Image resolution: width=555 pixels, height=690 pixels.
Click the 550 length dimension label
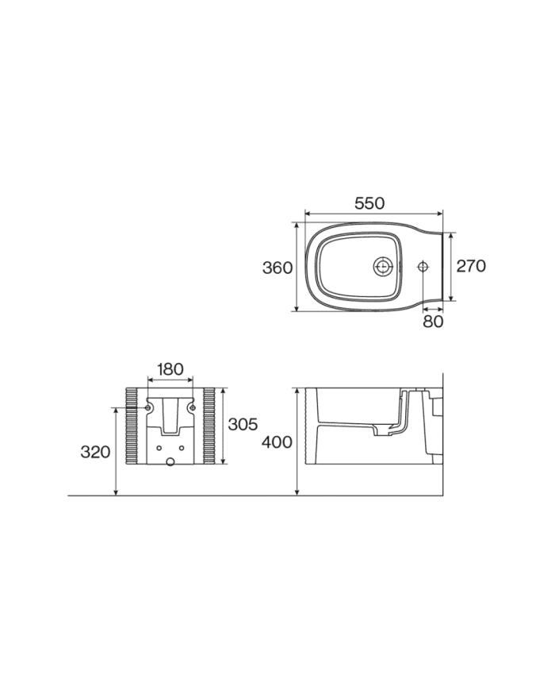369,203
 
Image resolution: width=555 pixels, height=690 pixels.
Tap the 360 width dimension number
277,268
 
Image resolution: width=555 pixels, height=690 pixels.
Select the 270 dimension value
470,267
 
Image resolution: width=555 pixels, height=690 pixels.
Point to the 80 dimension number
433,322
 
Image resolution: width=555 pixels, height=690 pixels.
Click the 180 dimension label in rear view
170,369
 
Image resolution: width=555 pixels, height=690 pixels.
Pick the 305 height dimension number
243,425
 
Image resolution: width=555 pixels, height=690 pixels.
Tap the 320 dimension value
95,452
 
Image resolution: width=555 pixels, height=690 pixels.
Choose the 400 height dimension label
277,443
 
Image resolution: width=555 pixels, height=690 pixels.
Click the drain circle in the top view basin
384,267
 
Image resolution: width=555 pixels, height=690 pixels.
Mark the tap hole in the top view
423,267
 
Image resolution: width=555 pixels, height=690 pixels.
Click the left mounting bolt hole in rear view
148,408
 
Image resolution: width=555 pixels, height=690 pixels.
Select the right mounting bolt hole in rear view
191,408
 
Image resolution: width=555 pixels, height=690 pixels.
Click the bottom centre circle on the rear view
170,460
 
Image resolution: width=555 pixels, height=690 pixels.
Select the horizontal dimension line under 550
373,214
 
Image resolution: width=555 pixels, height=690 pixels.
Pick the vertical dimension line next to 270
452,267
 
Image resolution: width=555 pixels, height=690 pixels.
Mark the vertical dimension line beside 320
117,452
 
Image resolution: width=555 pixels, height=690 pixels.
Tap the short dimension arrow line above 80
433,308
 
